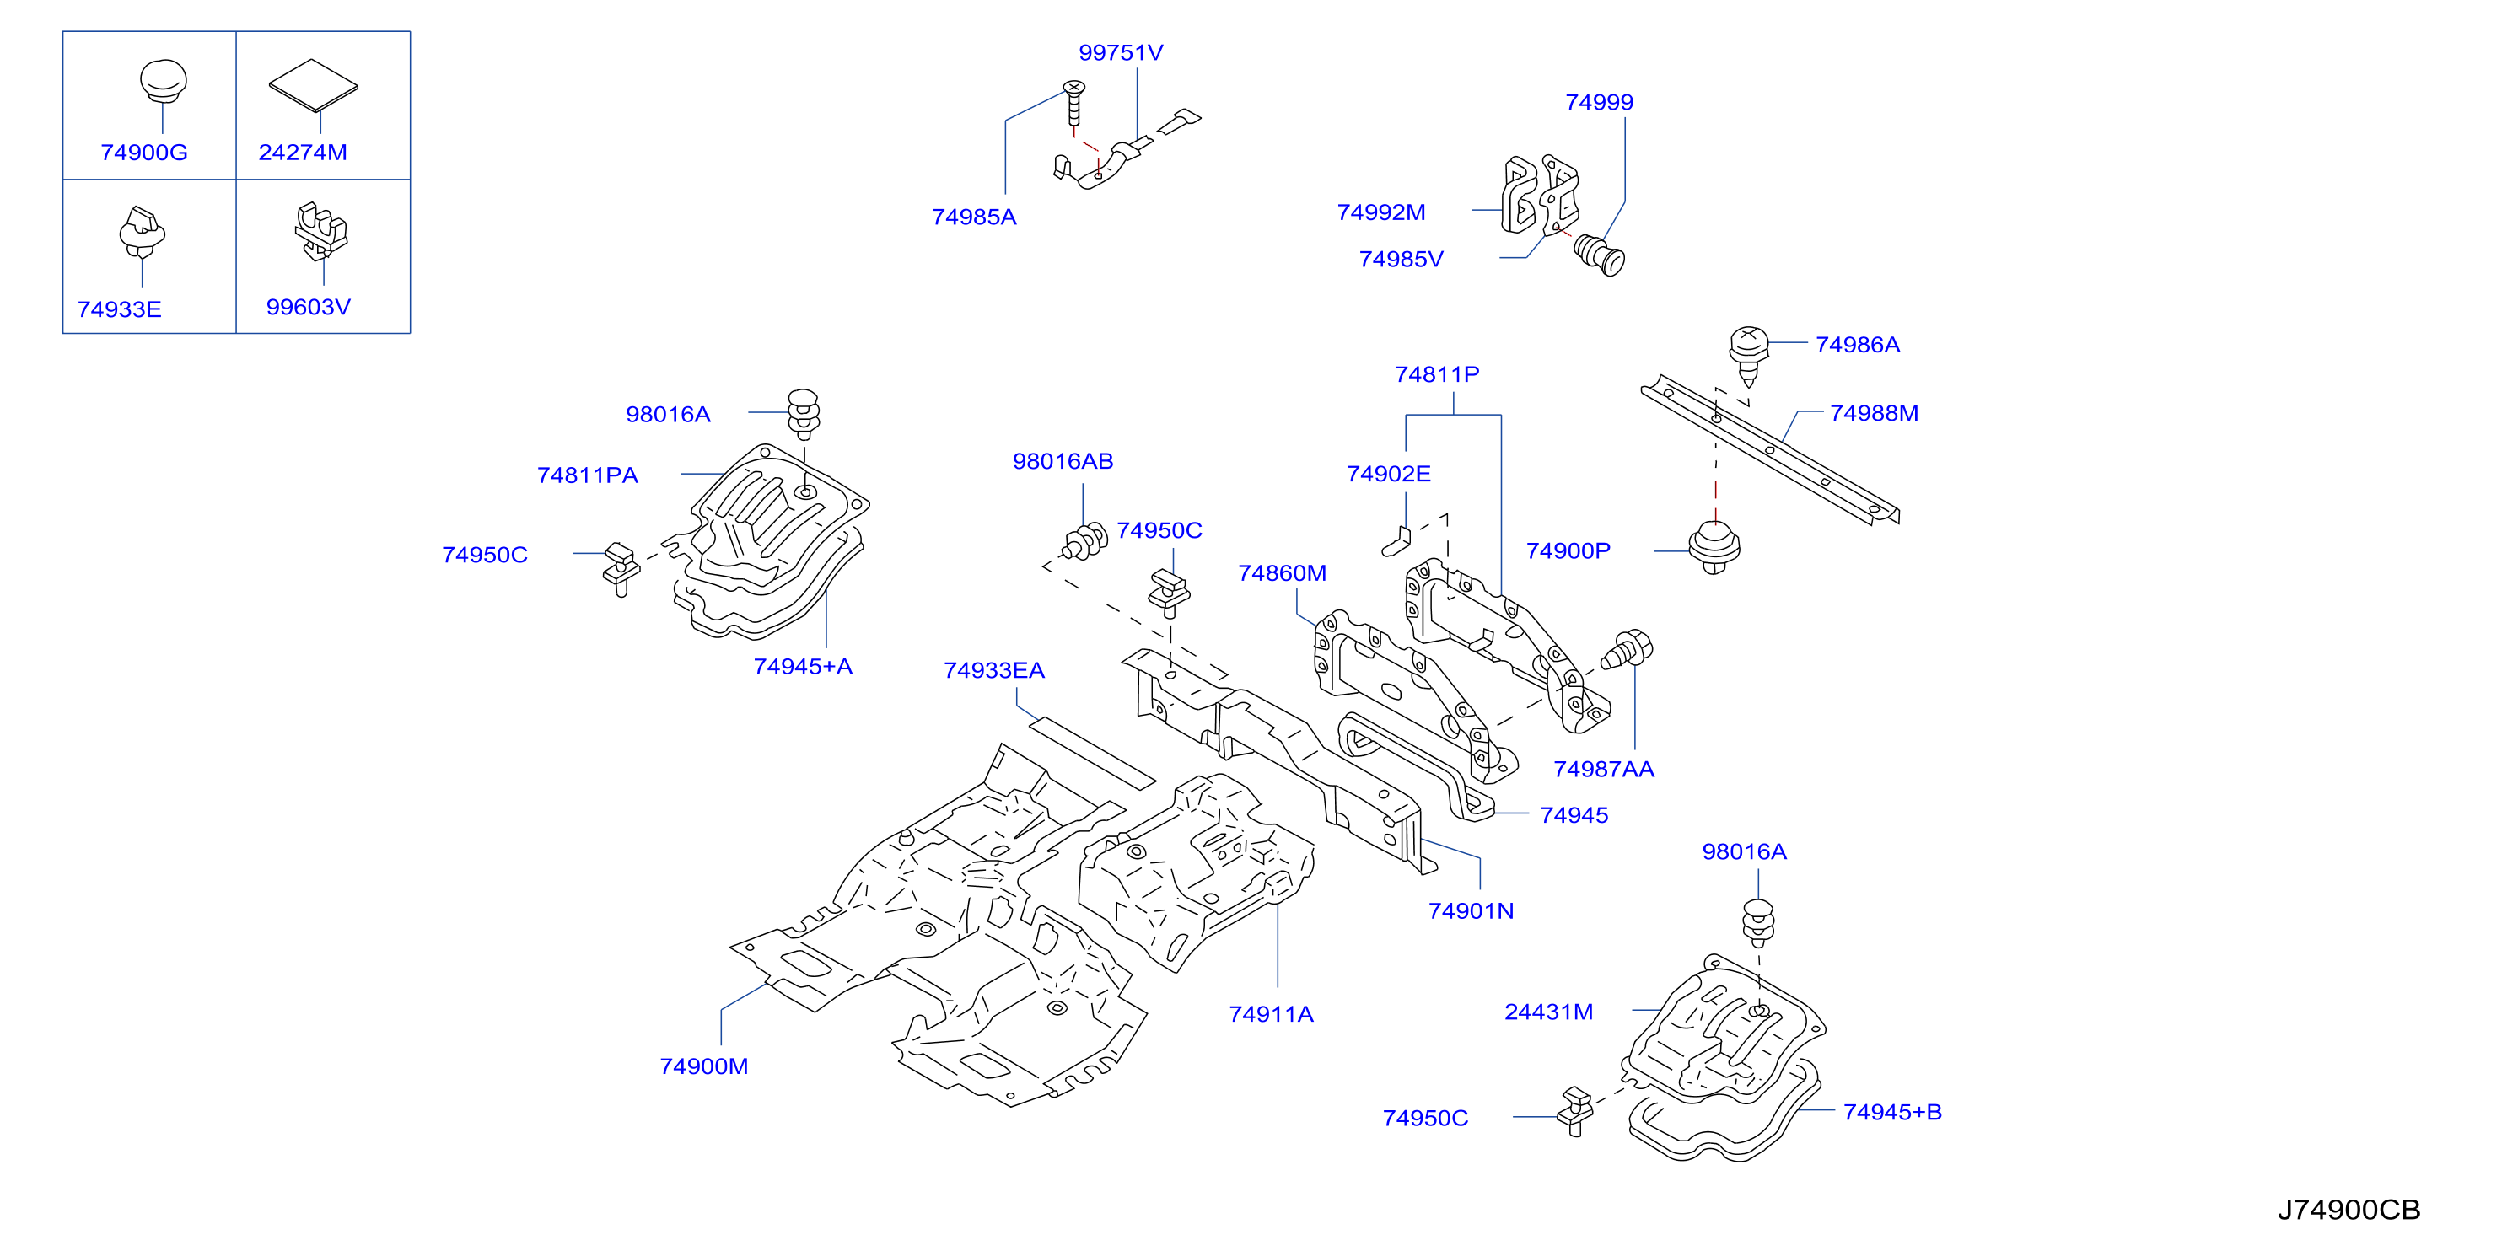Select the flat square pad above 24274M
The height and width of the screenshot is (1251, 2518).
pos(314,85)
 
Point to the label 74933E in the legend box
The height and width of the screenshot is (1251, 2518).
pos(119,310)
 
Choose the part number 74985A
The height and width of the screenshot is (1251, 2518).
pos(974,217)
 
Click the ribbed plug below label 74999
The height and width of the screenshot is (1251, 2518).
pos(1601,255)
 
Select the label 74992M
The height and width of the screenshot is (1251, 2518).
pos(1381,212)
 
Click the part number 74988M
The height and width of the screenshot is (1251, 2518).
pos(1874,413)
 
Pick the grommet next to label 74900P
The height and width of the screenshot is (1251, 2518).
pos(1714,547)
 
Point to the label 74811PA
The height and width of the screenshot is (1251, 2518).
pos(588,476)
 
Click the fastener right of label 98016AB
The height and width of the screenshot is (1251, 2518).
pos(1085,540)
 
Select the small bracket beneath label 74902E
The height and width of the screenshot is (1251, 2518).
pos(1396,541)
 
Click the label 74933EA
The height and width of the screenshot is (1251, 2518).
pos(994,670)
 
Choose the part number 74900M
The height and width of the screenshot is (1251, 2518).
pos(704,1066)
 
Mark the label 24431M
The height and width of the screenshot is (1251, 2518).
pos(1548,1012)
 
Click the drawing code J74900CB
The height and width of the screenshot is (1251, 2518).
pos(2349,1210)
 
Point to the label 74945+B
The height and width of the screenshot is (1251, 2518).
pos(1892,1112)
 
